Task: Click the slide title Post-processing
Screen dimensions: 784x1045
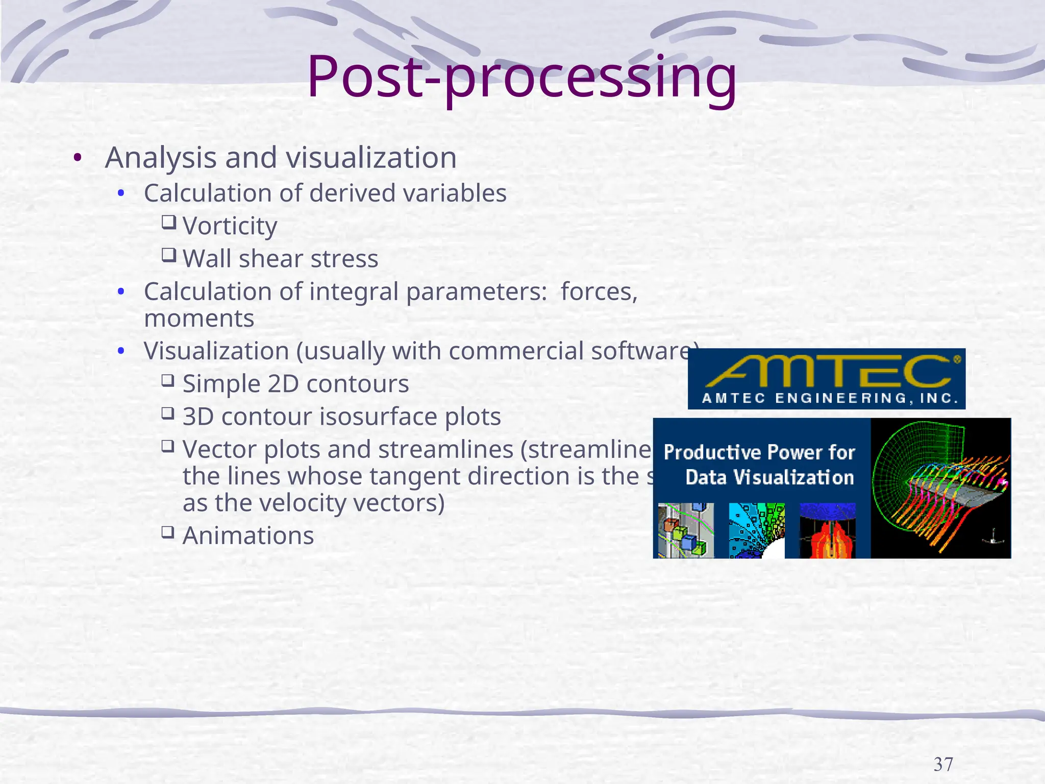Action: tap(521, 78)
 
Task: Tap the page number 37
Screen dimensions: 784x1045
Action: tap(943, 764)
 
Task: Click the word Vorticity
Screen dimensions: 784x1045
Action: tap(230, 226)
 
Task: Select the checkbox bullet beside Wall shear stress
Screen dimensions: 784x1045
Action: tap(169, 254)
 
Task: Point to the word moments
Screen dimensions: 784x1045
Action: tap(199, 318)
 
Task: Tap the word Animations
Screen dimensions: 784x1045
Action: tap(248, 535)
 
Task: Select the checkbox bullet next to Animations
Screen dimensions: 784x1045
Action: tap(168, 532)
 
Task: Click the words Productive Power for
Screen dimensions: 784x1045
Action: tap(759, 452)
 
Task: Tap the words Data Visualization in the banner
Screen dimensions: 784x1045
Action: tap(769, 477)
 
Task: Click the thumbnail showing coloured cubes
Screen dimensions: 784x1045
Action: tap(685, 531)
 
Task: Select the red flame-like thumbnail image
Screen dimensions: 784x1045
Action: tap(827, 533)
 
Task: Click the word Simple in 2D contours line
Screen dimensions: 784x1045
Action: tap(221, 384)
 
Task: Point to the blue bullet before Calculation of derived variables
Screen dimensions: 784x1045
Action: tap(121, 193)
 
